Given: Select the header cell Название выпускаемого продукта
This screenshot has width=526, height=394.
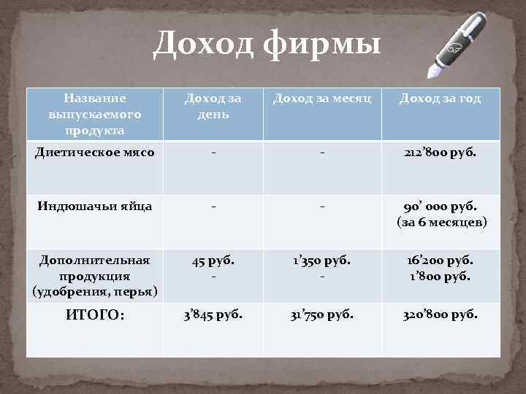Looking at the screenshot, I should pyautogui.click(x=95, y=114).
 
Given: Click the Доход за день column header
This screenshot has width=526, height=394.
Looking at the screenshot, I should pyautogui.click(x=213, y=106).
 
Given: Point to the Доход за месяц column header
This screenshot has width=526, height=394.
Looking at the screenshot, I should pyautogui.click(x=322, y=98).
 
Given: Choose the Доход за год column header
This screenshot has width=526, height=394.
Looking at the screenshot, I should pyautogui.click(x=440, y=98).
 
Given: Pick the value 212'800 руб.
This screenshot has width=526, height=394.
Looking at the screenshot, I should pyautogui.click(x=440, y=153).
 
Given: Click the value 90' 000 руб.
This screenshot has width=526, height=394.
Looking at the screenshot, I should pyautogui.click(x=440, y=206).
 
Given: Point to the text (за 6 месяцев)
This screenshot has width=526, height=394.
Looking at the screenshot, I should pyautogui.click(x=440, y=221).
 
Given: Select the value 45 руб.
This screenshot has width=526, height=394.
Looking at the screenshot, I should pyautogui.click(x=213, y=259).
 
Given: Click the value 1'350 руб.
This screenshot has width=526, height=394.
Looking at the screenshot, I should pyautogui.click(x=322, y=259).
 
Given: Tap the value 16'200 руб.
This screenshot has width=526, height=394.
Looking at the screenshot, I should pyautogui.click(x=440, y=259).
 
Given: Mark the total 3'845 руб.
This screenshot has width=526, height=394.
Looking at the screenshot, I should pyautogui.click(x=213, y=315).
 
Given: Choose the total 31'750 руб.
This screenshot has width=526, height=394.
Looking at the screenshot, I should pyautogui.click(x=322, y=315).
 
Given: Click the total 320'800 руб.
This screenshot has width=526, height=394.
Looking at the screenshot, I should pyautogui.click(x=440, y=315).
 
